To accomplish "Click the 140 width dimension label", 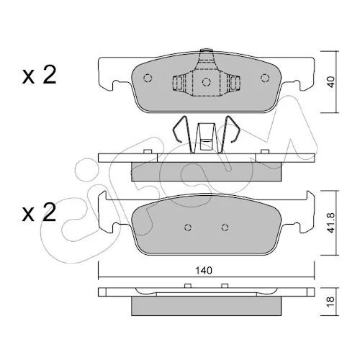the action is pos(204,271).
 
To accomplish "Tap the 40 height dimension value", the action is pos(331,82).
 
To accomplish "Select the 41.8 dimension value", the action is pos(331,222).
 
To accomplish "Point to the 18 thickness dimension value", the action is pos(331,300).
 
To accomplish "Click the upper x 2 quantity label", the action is pos(39,74).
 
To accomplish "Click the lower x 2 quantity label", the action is pos(39,212).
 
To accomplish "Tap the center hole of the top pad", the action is pos(206,82).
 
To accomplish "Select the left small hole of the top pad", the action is pos(148,78).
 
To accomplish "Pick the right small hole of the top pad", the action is pos(265,78).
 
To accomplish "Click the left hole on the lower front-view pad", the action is pos(188,227).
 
